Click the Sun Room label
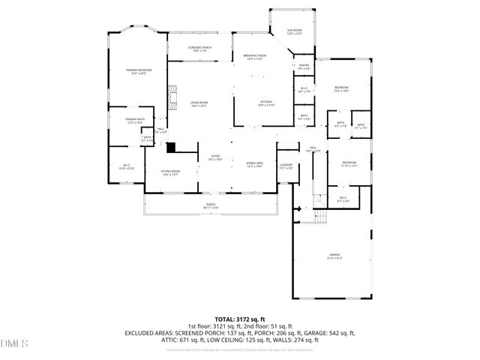(294, 32)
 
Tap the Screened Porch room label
(199, 49)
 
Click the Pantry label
(304, 67)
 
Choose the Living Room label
(198, 104)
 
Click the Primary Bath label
(136, 121)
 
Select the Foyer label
(214, 157)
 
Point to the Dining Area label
(255, 164)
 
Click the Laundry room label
(285, 166)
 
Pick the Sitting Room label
(170, 172)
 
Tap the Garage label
(334, 257)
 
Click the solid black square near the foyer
(170, 148)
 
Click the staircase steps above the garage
(320, 217)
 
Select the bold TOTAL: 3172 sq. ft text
(239, 319)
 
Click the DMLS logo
(13, 344)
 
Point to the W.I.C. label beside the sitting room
(127, 166)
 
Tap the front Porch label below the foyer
(211, 205)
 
